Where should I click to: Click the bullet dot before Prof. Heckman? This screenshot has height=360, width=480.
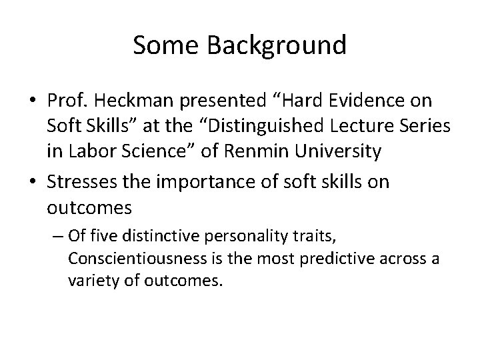click(33, 101)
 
